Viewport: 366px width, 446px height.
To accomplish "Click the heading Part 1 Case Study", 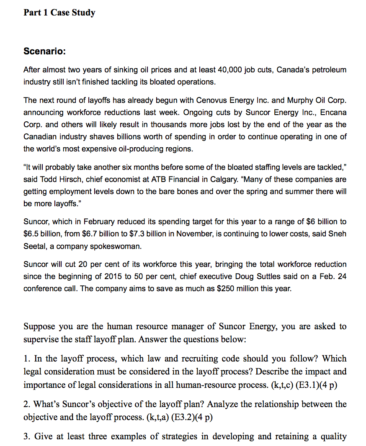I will [x=59, y=13].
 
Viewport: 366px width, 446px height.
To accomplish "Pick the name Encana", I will [x=333, y=113].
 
